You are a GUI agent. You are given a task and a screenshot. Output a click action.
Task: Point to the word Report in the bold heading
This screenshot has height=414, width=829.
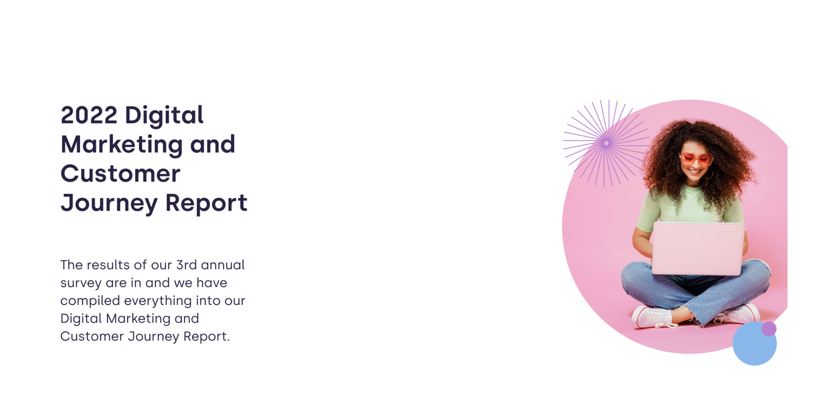tap(206, 203)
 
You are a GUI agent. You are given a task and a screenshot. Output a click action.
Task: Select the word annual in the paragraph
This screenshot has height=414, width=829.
tap(223, 265)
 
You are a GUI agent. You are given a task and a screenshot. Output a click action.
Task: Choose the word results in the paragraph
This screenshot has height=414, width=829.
tap(108, 265)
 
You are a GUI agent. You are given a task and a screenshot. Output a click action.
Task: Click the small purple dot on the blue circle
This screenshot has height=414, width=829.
tap(769, 328)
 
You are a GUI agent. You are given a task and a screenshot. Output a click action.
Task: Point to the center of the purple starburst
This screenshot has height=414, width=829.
tap(606, 143)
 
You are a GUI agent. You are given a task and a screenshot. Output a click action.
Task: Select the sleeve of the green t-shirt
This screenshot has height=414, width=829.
tap(648, 211)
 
